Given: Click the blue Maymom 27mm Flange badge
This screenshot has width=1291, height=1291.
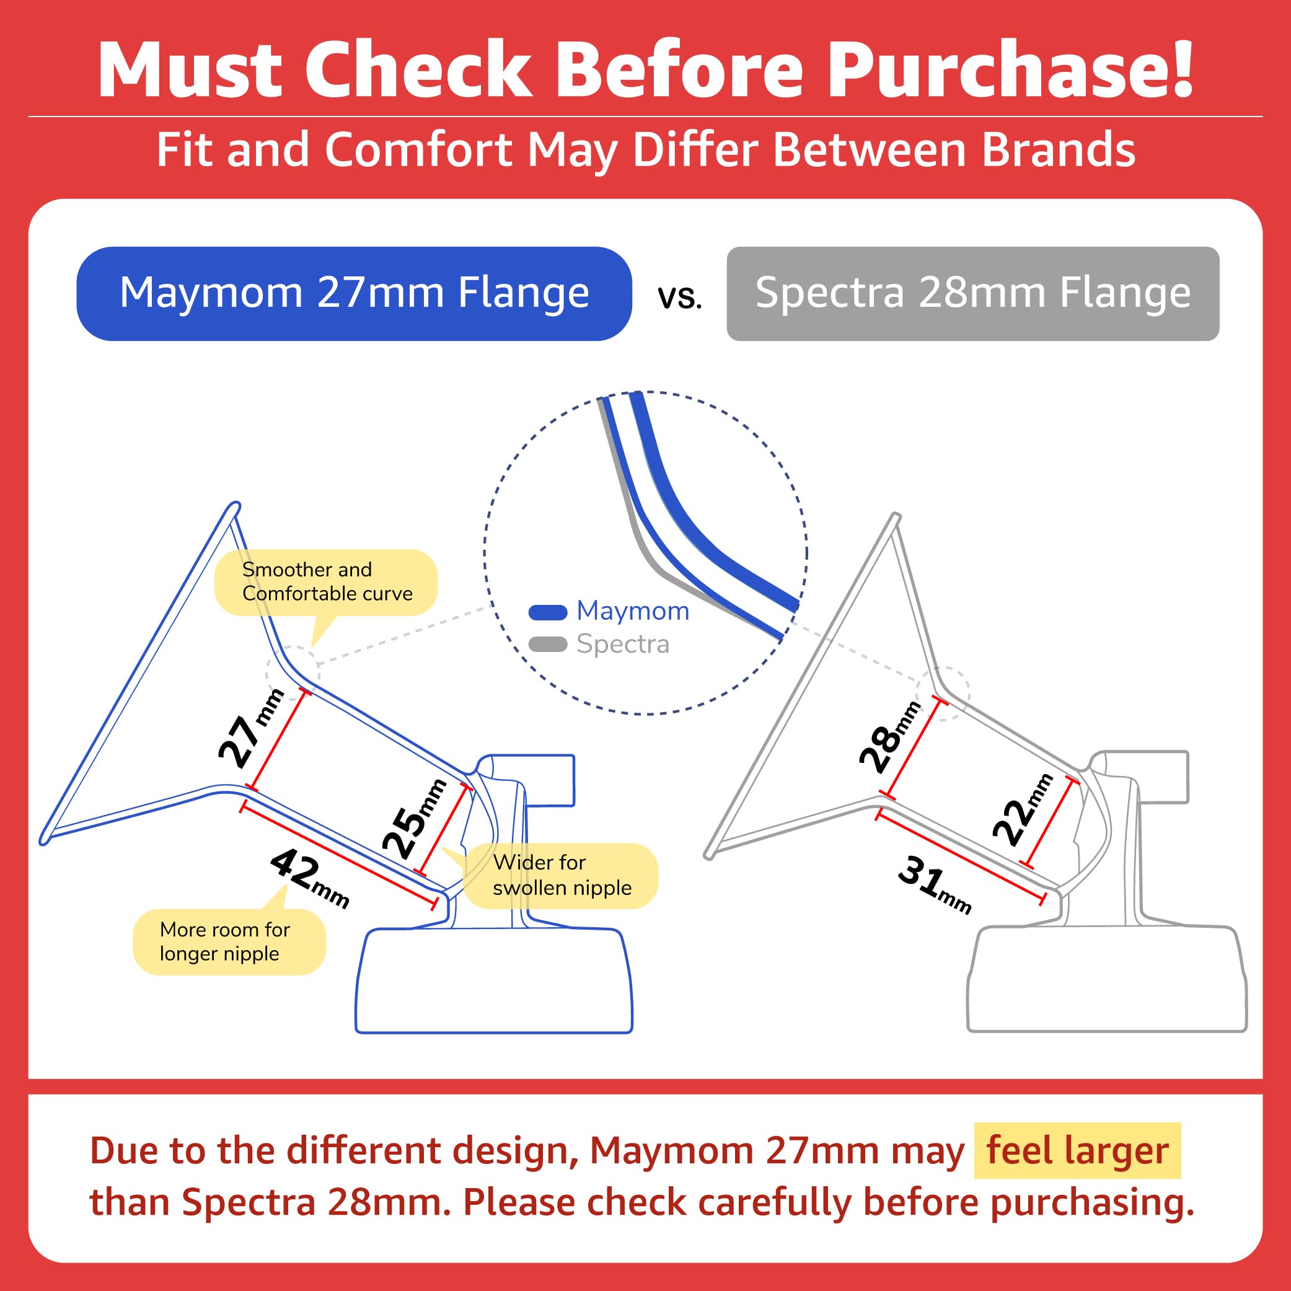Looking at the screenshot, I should coord(354,293).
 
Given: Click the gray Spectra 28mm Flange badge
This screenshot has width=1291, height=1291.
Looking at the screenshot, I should coord(972,293).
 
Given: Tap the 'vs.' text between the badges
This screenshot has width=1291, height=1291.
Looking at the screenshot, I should coord(679,297).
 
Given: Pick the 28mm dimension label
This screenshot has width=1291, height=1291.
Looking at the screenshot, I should coord(889,737).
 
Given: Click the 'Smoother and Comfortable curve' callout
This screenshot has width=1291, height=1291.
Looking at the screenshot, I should coord(326,582).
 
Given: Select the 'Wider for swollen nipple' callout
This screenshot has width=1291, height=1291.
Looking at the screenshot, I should coord(562,875).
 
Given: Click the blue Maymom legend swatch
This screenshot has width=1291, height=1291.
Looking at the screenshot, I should coord(547,612).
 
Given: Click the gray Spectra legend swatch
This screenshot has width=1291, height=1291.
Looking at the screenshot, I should coord(547,644).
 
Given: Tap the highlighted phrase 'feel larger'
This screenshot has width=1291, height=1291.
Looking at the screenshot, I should coord(1077,1151).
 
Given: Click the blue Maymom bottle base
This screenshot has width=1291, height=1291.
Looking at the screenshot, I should coord(494,980).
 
